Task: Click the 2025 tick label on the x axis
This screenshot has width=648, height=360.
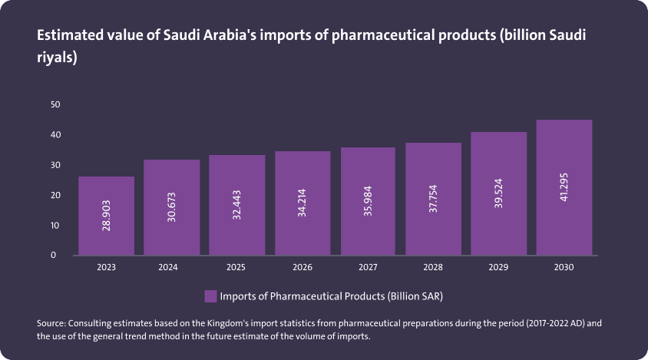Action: coord(237,268)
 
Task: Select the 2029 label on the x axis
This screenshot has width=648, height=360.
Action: coord(498,268)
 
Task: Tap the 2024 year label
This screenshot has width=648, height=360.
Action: coord(172,268)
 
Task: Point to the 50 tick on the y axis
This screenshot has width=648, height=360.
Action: coord(55,104)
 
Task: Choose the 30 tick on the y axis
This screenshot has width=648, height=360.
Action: coord(55,165)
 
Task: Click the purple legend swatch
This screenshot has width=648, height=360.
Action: coord(210,296)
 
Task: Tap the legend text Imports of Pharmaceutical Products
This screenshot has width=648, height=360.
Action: coord(332,296)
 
